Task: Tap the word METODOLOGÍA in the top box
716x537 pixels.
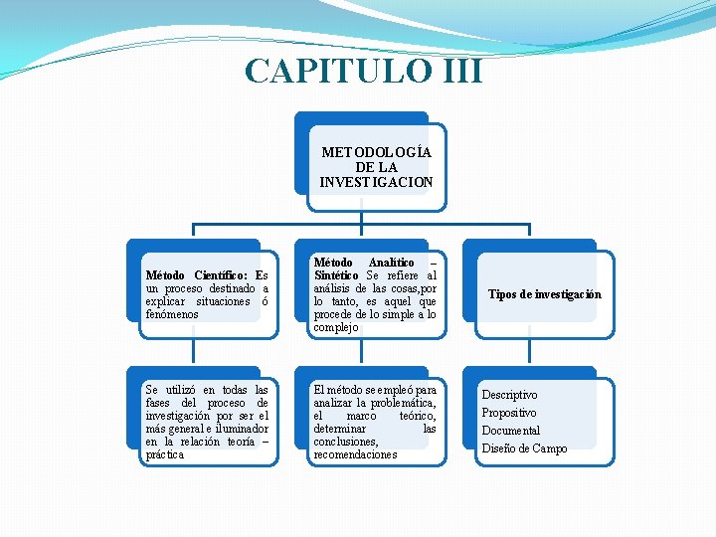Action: point(376,153)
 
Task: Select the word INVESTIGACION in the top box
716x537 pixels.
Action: point(376,182)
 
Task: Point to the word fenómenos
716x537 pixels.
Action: point(172,314)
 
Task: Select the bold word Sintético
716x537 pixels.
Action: point(336,275)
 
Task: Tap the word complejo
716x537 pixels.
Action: point(336,327)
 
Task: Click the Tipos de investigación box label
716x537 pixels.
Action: point(545,294)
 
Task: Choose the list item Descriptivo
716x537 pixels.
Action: point(509,395)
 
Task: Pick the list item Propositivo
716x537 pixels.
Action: point(508,413)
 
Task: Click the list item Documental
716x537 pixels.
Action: point(510,431)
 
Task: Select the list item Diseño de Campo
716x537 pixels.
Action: point(524,448)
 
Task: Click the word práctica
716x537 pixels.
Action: point(164,454)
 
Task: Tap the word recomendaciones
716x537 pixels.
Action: point(355,454)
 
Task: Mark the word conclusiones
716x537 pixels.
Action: point(345,442)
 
